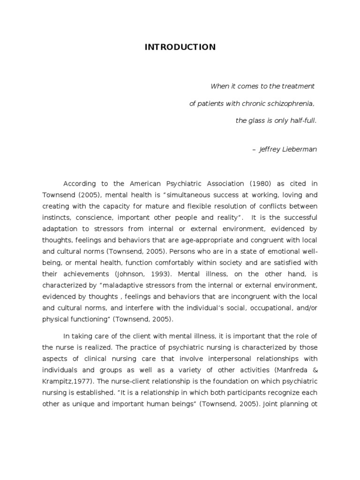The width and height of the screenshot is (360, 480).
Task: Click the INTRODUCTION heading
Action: [x=180, y=47]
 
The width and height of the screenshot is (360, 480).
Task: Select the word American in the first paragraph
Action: [x=141, y=184]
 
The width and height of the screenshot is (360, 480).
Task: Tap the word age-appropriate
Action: [x=200, y=240]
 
